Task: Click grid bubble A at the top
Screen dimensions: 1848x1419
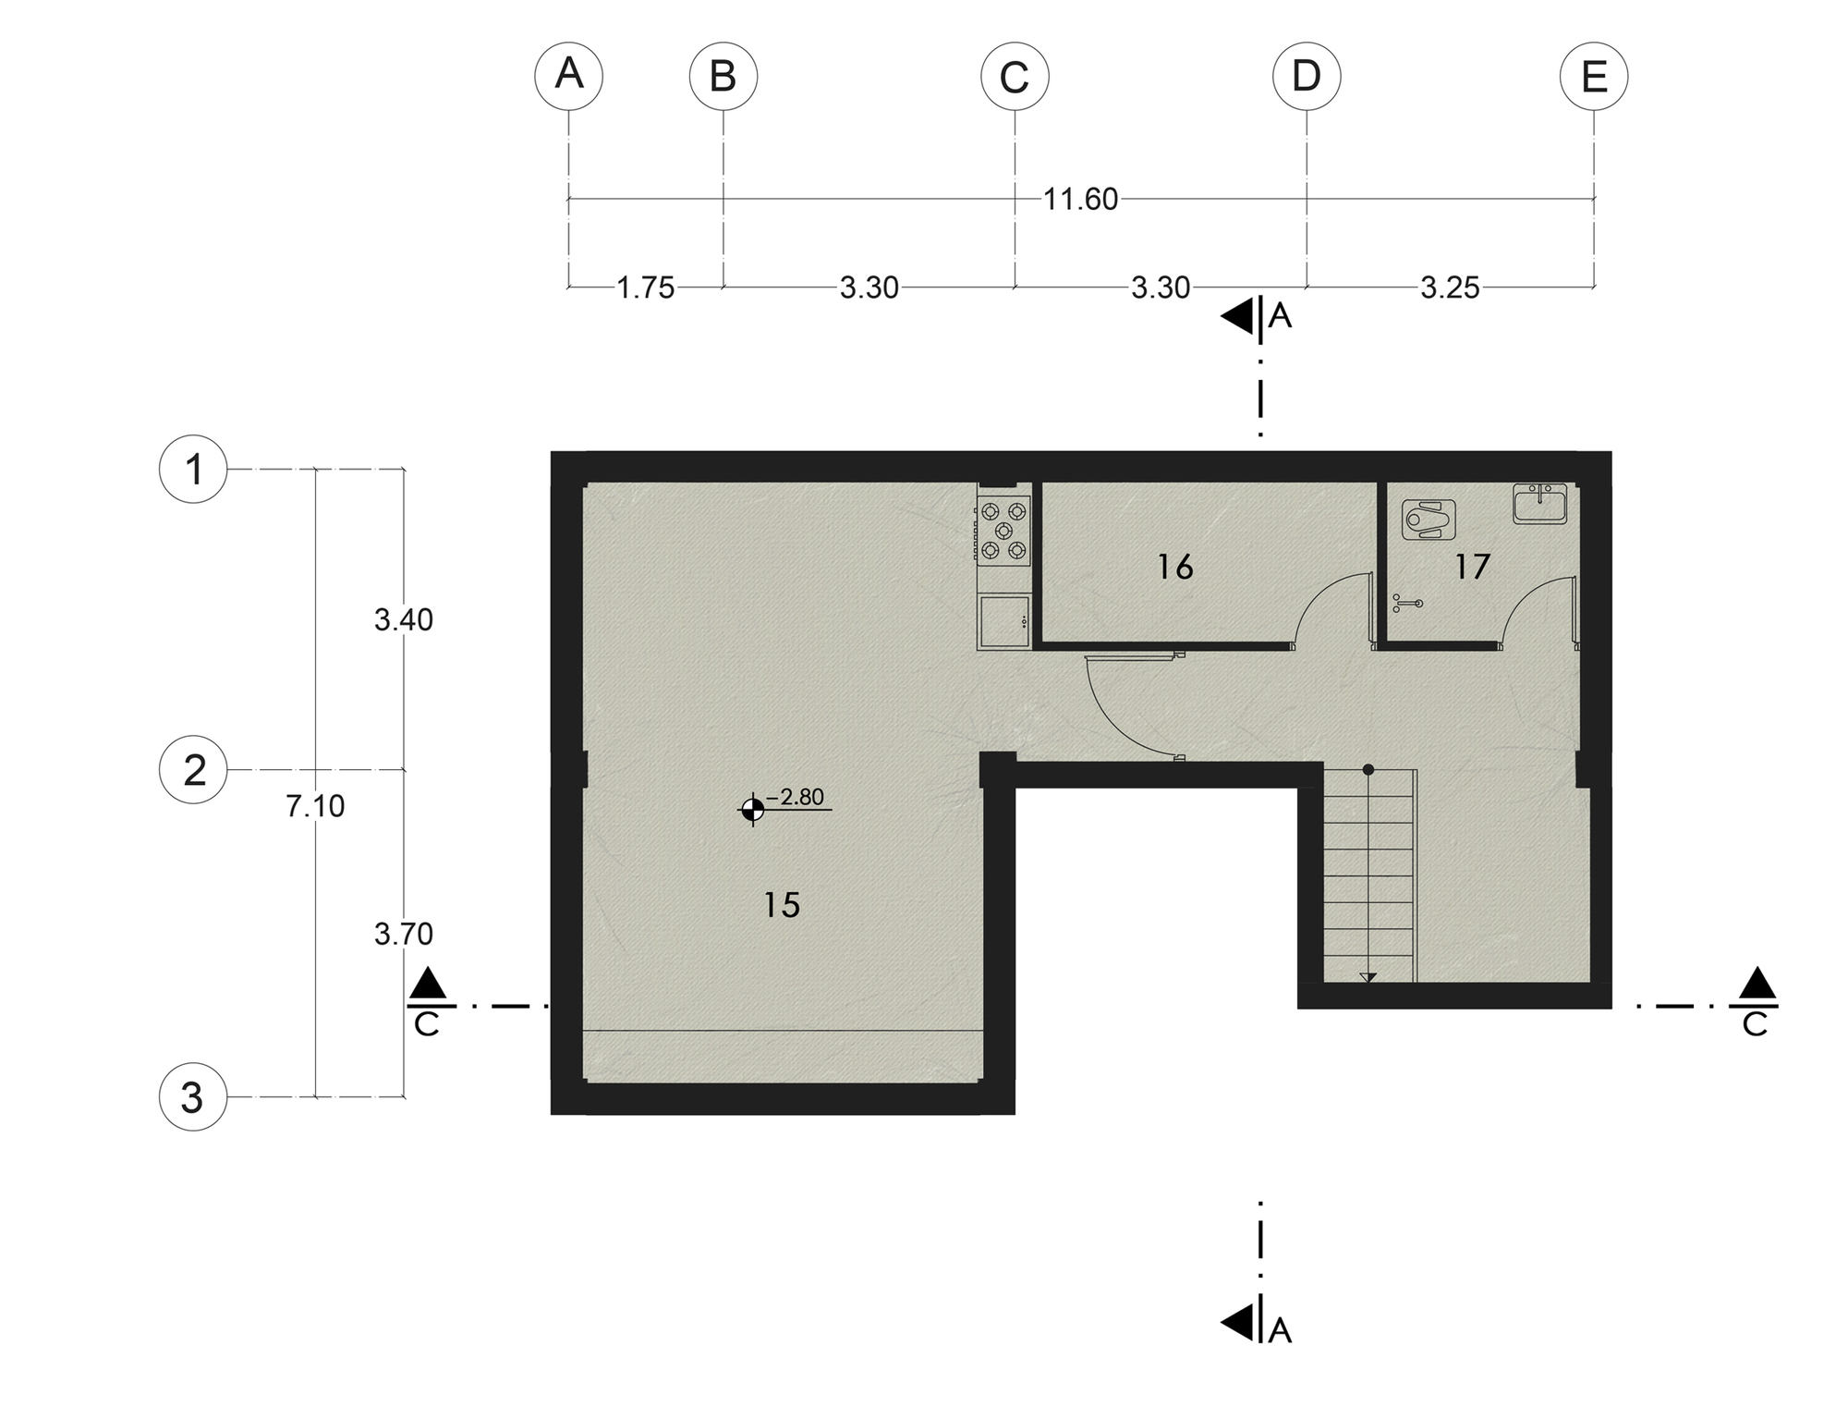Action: tap(569, 76)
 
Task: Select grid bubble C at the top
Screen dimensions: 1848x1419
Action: tap(1015, 76)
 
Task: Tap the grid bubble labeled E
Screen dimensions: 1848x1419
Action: tap(1594, 76)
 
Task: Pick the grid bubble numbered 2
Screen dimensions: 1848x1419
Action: tap(194, 770)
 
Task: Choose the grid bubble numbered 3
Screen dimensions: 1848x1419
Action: tap(193, 1097)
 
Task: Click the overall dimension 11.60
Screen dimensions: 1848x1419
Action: tap(1080, 199)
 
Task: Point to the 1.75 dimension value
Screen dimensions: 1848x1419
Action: tap(646, 288)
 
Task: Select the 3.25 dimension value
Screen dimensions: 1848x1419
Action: tap(1450, 288)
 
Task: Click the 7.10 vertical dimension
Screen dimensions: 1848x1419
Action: tap(315, 806)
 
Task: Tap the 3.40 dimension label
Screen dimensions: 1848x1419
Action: tap(404, 619)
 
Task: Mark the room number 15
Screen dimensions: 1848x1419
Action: tap(782, 905)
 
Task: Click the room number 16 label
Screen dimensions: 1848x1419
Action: tap(1175, 567)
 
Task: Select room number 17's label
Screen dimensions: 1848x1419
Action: tap(1472, 567)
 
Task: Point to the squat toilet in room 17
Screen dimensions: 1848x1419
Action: tap(1429, 520)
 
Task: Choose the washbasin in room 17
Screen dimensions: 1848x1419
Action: tap(1540, 505)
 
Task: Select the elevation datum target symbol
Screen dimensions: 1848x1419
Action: tap(752, 811)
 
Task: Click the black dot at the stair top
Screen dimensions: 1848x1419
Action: tap(1368, 769)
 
